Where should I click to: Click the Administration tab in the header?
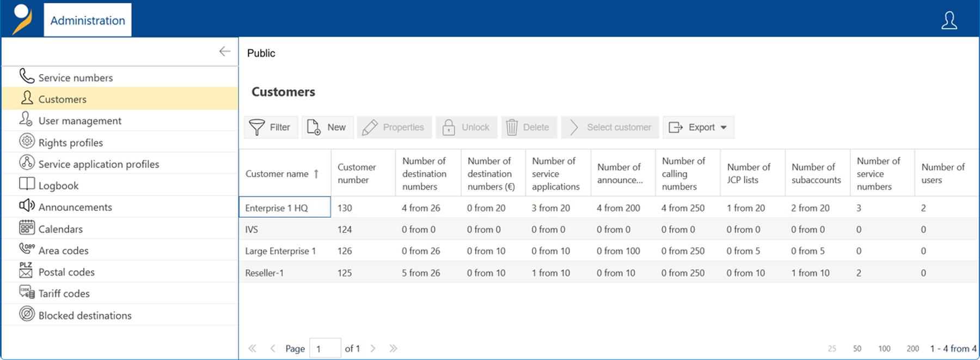pyautogui.click(x=88, y=20)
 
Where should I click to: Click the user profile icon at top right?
pyautogui.click(x=949, y=20)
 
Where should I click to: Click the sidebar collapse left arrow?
pyautogui.click(x=225, y=51)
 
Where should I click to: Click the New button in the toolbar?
pyautogui.click(x=328, y=127)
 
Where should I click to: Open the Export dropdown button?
pyautogui.click(x=699, y=127)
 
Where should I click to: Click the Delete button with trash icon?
pyautogui.click(x=529, y=127)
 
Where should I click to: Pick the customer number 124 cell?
pyautogui.click(x=345, y=229)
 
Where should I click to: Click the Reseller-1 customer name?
pyautogui.click(x=264, y=272)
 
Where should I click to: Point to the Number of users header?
pyautogui.click(x=942, y=173)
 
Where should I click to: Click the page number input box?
pyautogui.click(x=325, y=348)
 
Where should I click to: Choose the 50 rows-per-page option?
pyautogui.click(x=857, y=349)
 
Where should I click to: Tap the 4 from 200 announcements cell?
pyautogui.click(x=618, y=208)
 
